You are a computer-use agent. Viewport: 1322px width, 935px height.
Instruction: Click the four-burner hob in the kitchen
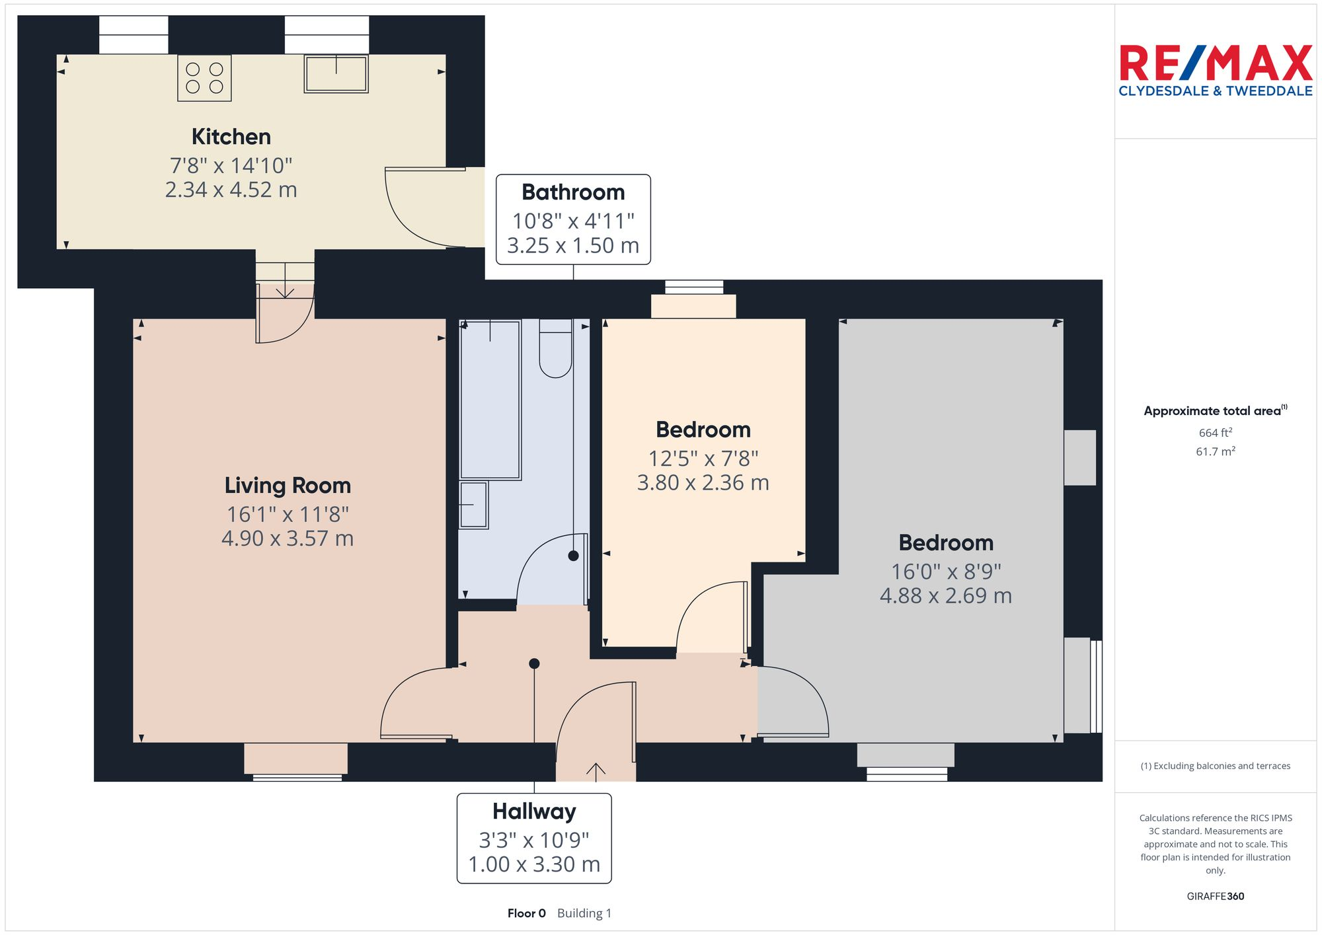(x=204, y=78)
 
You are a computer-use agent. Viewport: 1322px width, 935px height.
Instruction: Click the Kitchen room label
(x=231, y=137)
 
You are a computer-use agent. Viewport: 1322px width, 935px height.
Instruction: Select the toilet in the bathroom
(x=555, y=350)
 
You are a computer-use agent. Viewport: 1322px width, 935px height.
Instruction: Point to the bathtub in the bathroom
(x=490, y=400)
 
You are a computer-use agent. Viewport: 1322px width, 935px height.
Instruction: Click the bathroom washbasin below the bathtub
(x=473, y=505)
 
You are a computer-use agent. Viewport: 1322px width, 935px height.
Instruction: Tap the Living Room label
(x=288, y=486)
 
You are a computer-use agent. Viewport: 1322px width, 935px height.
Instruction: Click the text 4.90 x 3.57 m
(x=288, y=539)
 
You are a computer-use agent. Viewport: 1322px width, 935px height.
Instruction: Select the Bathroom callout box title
(x=573, y=192)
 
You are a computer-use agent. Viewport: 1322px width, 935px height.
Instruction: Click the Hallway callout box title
(x=534, y=811)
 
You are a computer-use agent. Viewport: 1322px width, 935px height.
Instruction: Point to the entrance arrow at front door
(x=596, y=769)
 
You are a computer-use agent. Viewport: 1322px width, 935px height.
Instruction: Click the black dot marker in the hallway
(x=534, y=663)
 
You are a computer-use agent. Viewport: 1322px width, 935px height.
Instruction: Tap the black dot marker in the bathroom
(x=573, y=556)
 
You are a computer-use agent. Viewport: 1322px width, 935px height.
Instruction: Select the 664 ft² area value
(x=1215, y=433)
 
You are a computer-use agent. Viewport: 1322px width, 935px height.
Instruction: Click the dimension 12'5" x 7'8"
(x=703, y=459)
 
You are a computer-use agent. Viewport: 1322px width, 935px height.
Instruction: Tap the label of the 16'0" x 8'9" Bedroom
(x=946, y=543)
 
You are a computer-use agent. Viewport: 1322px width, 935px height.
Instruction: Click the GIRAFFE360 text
(x=1215, y=897)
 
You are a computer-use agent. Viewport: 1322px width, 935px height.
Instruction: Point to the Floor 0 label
(x=526, y=913)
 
